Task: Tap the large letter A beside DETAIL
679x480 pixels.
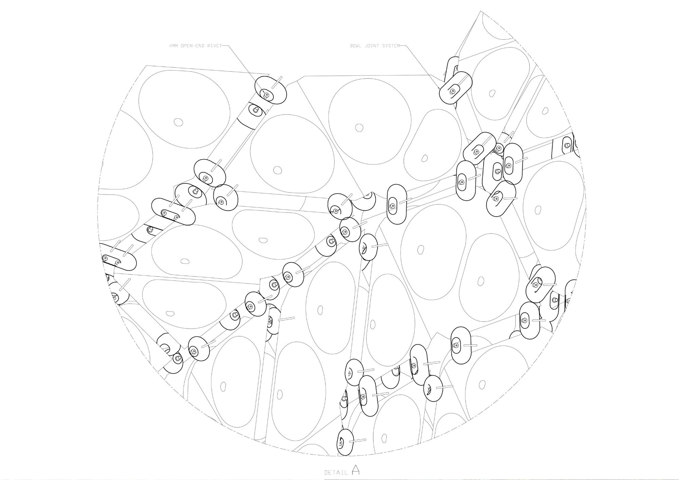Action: pyautogui.click(x=355, y=469)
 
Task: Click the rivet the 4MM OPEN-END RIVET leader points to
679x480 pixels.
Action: pyautogui.click(x=267, y=95)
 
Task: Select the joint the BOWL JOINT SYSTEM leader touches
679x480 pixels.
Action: pyautogui.click(x=456, y=88)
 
